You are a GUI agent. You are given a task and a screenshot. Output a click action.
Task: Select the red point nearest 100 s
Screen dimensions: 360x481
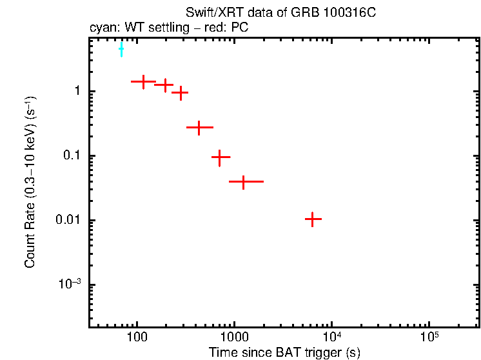point(142,81)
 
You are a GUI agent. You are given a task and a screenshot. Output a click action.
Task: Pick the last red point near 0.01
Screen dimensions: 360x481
point(313,219)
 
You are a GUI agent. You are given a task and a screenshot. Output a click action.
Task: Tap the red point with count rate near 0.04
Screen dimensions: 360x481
point(243,182)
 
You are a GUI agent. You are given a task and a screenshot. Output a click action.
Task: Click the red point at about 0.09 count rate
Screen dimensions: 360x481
point(220,157)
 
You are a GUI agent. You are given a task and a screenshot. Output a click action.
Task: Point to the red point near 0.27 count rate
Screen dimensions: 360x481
point(199,128)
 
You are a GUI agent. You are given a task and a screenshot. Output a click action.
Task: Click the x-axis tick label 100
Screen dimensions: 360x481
point(136,337)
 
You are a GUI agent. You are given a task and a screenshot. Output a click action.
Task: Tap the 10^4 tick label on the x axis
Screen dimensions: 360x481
point(331,337)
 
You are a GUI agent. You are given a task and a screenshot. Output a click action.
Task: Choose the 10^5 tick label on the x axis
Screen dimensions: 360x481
point(429,337)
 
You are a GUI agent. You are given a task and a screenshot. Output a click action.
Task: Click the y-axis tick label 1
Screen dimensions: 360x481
point(77,92)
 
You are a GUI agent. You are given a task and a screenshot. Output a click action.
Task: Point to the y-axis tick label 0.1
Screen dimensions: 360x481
point(72,156)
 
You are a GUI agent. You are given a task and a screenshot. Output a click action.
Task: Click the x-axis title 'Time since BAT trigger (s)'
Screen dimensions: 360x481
point(284,352)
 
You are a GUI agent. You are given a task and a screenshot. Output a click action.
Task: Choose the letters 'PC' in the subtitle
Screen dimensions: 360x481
point(240,28)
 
